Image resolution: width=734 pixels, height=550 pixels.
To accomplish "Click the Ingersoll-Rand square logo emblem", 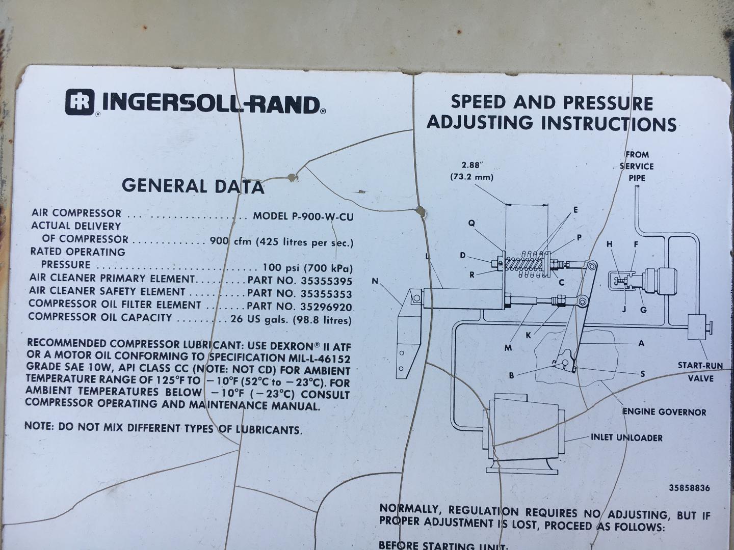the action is pos(80,102).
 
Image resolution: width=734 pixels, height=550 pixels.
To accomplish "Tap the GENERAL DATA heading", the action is pos(193,186).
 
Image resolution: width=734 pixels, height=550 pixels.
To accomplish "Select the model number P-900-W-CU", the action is pos(323,216).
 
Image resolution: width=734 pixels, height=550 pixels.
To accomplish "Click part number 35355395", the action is pos(326,281).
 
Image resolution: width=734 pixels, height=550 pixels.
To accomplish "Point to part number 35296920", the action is pos(326,307).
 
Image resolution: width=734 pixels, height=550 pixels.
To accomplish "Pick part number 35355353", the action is pos(326,294).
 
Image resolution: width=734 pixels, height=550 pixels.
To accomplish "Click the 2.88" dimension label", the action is pos(472,164).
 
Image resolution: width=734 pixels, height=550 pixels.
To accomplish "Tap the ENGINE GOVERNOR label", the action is pos(664,412).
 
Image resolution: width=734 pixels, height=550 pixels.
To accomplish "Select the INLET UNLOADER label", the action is pos(626,437).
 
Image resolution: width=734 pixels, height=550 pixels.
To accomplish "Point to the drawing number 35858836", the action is pos(689,488).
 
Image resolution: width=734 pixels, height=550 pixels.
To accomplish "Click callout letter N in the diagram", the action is pos(375,281).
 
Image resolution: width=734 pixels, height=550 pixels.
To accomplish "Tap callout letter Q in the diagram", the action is pos(471,223).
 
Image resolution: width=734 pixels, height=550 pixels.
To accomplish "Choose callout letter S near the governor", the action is pos(642,374).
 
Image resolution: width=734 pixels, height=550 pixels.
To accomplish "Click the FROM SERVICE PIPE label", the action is pos(637,167).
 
